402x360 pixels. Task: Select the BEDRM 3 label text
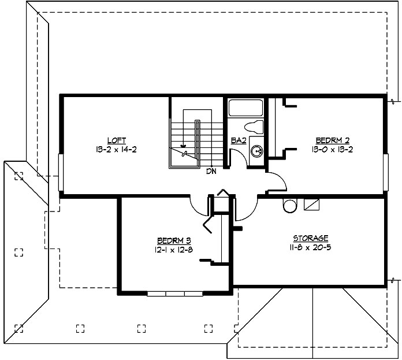174,240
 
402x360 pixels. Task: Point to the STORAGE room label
311,238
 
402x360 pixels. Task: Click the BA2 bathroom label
239,140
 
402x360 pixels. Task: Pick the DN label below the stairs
211,172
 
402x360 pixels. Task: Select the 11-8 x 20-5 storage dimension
311,247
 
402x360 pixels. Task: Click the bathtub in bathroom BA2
246,108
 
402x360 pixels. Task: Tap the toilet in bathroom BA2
254,127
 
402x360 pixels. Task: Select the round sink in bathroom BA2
258,151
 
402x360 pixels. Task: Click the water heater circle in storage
289,205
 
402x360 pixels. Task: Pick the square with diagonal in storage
311,205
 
